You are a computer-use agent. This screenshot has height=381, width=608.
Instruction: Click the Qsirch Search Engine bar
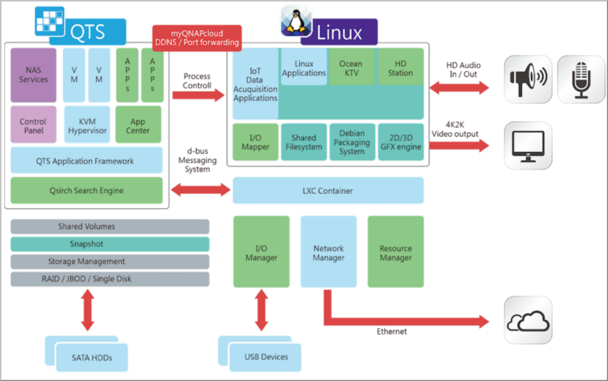87,190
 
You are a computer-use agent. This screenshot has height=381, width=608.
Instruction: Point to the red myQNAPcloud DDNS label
195,38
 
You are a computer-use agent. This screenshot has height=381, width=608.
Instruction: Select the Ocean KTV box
352,69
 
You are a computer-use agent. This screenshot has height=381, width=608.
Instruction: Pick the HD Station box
401,69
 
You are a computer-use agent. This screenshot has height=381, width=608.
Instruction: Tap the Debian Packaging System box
352,141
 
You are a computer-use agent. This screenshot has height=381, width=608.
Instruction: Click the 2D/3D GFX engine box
401,141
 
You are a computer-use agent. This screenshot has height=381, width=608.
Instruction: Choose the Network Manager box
328,252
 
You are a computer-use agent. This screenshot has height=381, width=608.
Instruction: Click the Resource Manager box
395,252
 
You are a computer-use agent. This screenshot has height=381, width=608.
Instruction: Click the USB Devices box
266,357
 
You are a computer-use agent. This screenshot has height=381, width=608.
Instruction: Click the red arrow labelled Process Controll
198,94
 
